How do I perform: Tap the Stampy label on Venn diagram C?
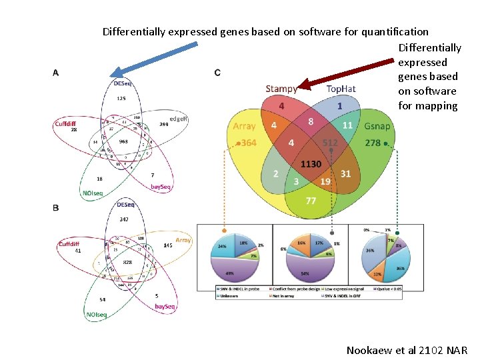pos(281,89)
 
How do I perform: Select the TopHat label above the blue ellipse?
pos(341,89)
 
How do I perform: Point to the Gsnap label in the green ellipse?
pos(378,126)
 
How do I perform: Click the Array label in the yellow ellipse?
pos(244,126)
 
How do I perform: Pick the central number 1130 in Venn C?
pos(311,163)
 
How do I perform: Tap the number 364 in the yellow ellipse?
pos(248,143)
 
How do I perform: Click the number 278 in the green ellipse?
pos(373,143)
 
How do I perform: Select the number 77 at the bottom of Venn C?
pos(311,200)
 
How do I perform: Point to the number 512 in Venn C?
pos(330,143)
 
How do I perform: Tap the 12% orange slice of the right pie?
pos(377,273)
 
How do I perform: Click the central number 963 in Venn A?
pos(123,141)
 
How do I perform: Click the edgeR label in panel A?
pos(178,118)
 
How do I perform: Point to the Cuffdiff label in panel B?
pos(69,244)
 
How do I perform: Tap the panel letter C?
pos(217,73)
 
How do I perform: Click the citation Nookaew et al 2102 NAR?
pos(407,350)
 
